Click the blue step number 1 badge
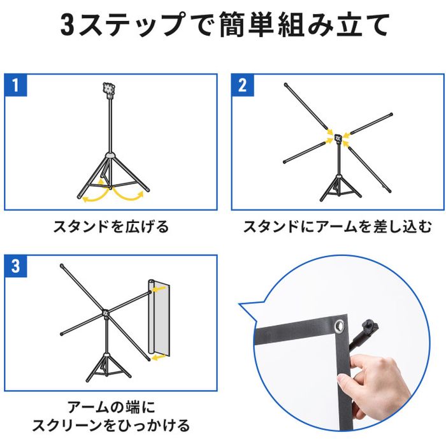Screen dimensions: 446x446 (x=16, y=85)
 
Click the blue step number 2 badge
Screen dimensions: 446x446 (x=243, y=85)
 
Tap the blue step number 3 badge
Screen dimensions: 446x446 (x=16, y=266)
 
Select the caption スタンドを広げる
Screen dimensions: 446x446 (x=111, y=227)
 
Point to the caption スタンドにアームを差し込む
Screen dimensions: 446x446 (x=338, y=227)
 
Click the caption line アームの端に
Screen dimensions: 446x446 (x=111, y=407)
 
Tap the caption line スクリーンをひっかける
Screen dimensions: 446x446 (x=111, y=426)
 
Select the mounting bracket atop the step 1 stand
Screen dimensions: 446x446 (x=109, y=90)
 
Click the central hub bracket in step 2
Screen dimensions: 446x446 (x=338, y=138)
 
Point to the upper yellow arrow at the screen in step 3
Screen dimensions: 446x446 (x=158, y=289)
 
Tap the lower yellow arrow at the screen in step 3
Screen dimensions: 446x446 (x=158, y=357)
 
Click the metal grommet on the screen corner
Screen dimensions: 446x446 (x=340, y=326)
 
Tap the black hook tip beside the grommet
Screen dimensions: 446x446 (x=370, y=326)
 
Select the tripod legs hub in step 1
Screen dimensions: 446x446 (x=110, y=155)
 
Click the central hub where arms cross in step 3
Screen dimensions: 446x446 (x=106, y=313)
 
